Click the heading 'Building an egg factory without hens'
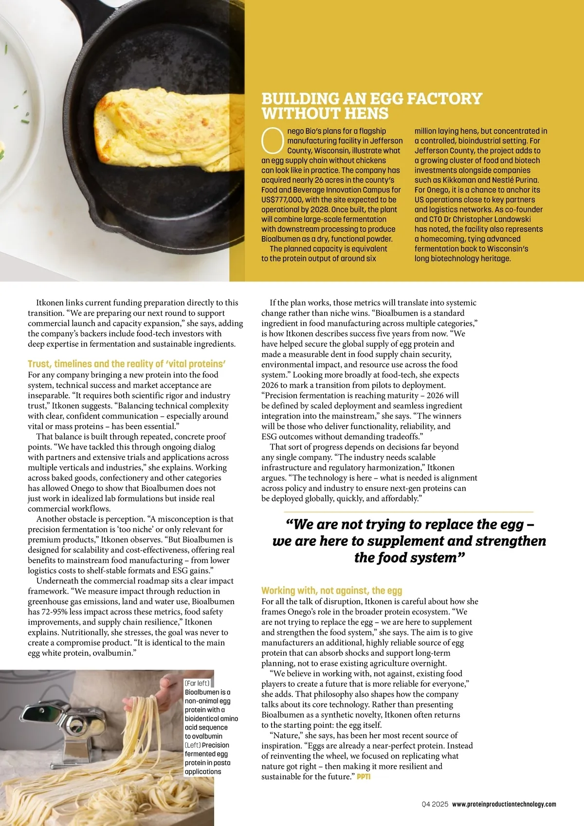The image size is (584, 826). pyautogui.click(x=371, y=106)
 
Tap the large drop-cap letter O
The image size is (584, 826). pyautogui.click(x=273, y=140)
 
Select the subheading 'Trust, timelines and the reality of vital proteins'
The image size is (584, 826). pyautogui.click(x=127, y=364)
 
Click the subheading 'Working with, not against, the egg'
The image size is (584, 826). pyautogui.click(x=331, y=591)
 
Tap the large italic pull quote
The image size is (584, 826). pyautogui.click(x=409, y=541)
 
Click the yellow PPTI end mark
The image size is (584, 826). pyautogui.click(x=364, y=777)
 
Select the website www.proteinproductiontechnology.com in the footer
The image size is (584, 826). pyautogui.click(x=504, y=805)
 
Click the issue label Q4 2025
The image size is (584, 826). pyautogui.click(x=435, y=805)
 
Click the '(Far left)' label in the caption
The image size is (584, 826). pyautogui.click(x=197, y=683)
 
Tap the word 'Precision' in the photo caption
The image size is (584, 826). pyautogui.click(x=216, y=745)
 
